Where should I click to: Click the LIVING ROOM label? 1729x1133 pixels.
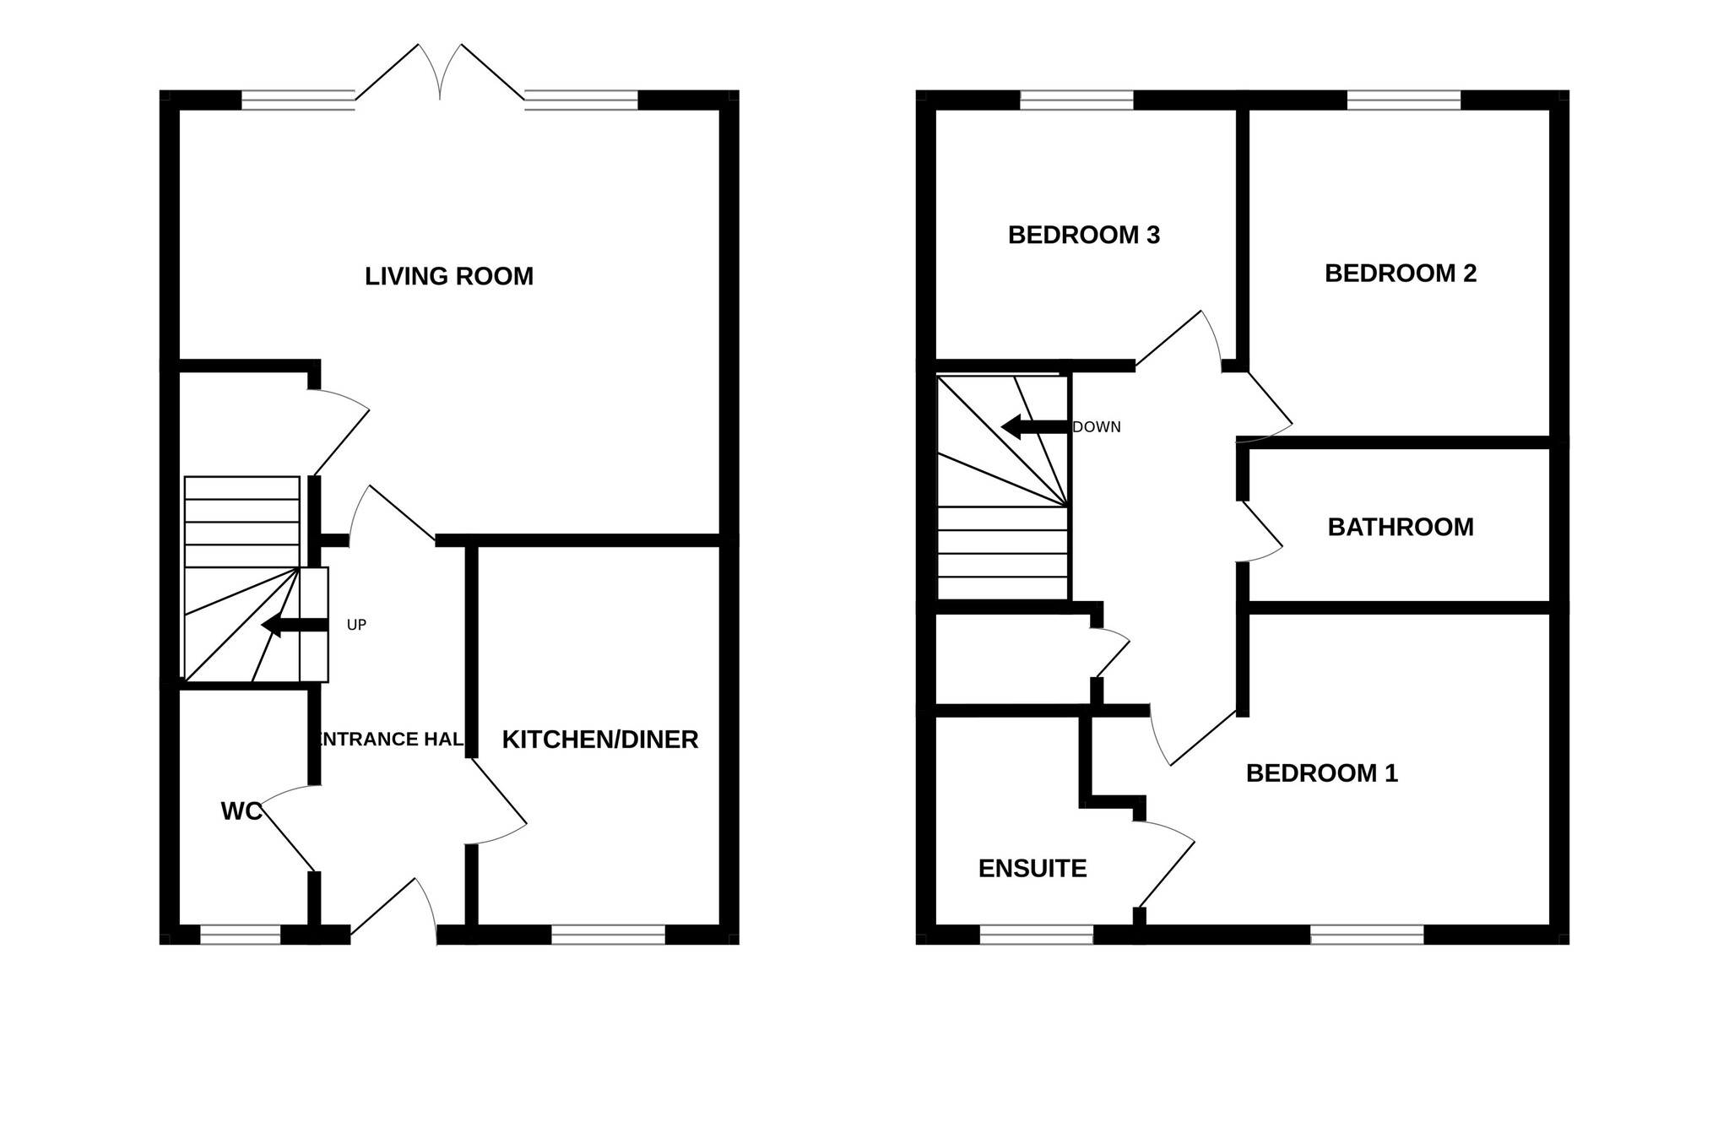coord(449,276)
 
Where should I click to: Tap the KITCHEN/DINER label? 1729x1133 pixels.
coord(600,740)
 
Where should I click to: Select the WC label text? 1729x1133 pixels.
coord(241,811)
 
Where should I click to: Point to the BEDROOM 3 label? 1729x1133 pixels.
coord(1084,235)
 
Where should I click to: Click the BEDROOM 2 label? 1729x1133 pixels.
coord(1401,274)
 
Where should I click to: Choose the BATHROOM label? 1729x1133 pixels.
coord(1401,527)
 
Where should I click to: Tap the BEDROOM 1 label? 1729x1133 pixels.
coord(1322,772)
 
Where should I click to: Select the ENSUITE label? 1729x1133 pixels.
coord(1033,869)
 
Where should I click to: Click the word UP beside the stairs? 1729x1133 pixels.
coord(356,626)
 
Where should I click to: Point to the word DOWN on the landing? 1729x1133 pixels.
coord(1097,427)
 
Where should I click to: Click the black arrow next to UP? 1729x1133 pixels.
coord(295,626)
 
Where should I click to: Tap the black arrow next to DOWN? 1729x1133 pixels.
coord(1035,427)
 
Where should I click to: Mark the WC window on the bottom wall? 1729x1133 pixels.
coord(241,935)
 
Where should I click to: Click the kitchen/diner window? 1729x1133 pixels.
coord(609,935)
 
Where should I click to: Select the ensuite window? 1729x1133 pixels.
coord(1037,935)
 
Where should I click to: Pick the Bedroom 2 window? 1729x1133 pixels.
coord(1404,100)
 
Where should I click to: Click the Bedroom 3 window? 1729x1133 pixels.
coord(1077,100)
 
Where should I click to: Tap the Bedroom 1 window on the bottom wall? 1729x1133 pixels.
coord(1367,935)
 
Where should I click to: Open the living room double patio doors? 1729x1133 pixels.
coord(440,73)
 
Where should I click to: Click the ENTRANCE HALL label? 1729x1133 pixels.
coord(389,740)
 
